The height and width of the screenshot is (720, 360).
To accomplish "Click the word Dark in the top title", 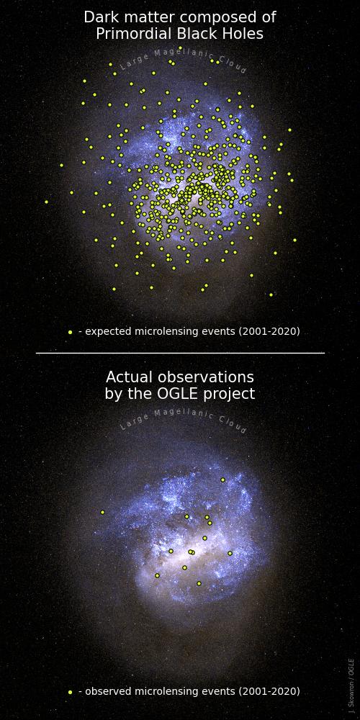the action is point(98,17).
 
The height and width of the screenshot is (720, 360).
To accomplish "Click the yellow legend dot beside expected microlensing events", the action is point(71,333).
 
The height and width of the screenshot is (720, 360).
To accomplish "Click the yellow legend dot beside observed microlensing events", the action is point(71,692).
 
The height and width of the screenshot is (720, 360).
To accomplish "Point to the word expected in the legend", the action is point(106,331).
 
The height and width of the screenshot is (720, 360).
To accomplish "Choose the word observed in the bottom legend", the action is point(106,691).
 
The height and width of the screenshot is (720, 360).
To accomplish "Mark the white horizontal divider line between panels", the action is point(180,353).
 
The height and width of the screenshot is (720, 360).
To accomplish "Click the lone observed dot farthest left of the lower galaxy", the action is point(102,512).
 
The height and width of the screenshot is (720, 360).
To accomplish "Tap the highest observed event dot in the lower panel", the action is point(222,480).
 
